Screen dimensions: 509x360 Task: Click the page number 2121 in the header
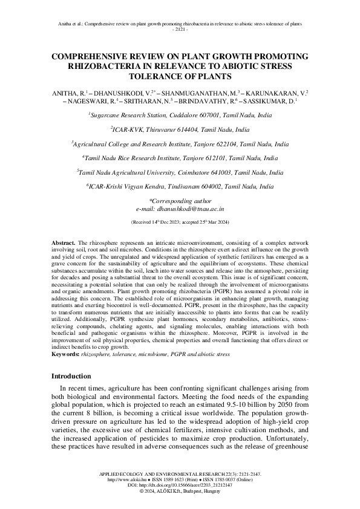click(180, 29)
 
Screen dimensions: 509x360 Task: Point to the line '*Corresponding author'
click(180, 200)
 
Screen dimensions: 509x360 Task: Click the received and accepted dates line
click(180, 222)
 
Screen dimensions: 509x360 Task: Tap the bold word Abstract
click(63, 241)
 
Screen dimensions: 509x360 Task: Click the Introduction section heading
click(77, 375)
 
